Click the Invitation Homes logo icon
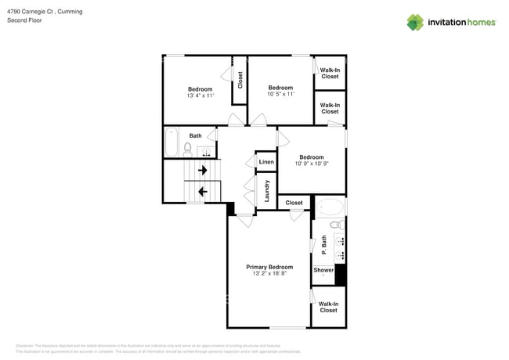(415, 22)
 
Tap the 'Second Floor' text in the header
(23, 21)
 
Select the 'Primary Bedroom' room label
(269, 267)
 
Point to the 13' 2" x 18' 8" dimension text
(269, 274)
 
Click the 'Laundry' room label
(267, 193)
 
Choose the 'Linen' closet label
(266, 163)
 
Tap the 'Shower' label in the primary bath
(323, 270)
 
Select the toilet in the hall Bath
(188, 148)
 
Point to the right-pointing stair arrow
(203, 170)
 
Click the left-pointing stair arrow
(203, 191)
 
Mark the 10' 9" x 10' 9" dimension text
(311, 164)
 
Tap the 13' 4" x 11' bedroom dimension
(200, 95)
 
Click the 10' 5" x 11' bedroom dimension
(280, 94)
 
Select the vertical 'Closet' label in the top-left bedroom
(240, 80)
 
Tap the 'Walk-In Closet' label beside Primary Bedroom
(328, 307)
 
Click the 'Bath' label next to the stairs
(195, 135)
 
